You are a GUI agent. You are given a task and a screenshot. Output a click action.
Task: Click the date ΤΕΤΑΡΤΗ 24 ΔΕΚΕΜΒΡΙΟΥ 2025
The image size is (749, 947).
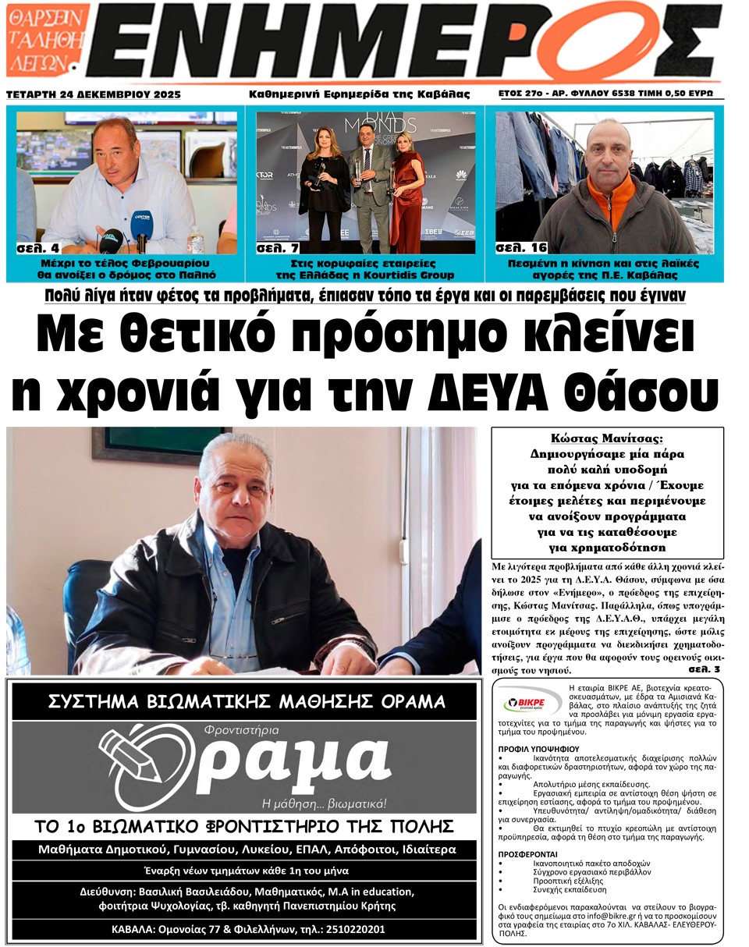coord(94,94)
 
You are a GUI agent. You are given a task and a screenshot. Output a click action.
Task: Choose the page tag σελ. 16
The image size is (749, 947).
coord(521,248)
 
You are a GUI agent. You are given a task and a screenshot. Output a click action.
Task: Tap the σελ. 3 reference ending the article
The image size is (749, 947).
coord(705,669)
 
